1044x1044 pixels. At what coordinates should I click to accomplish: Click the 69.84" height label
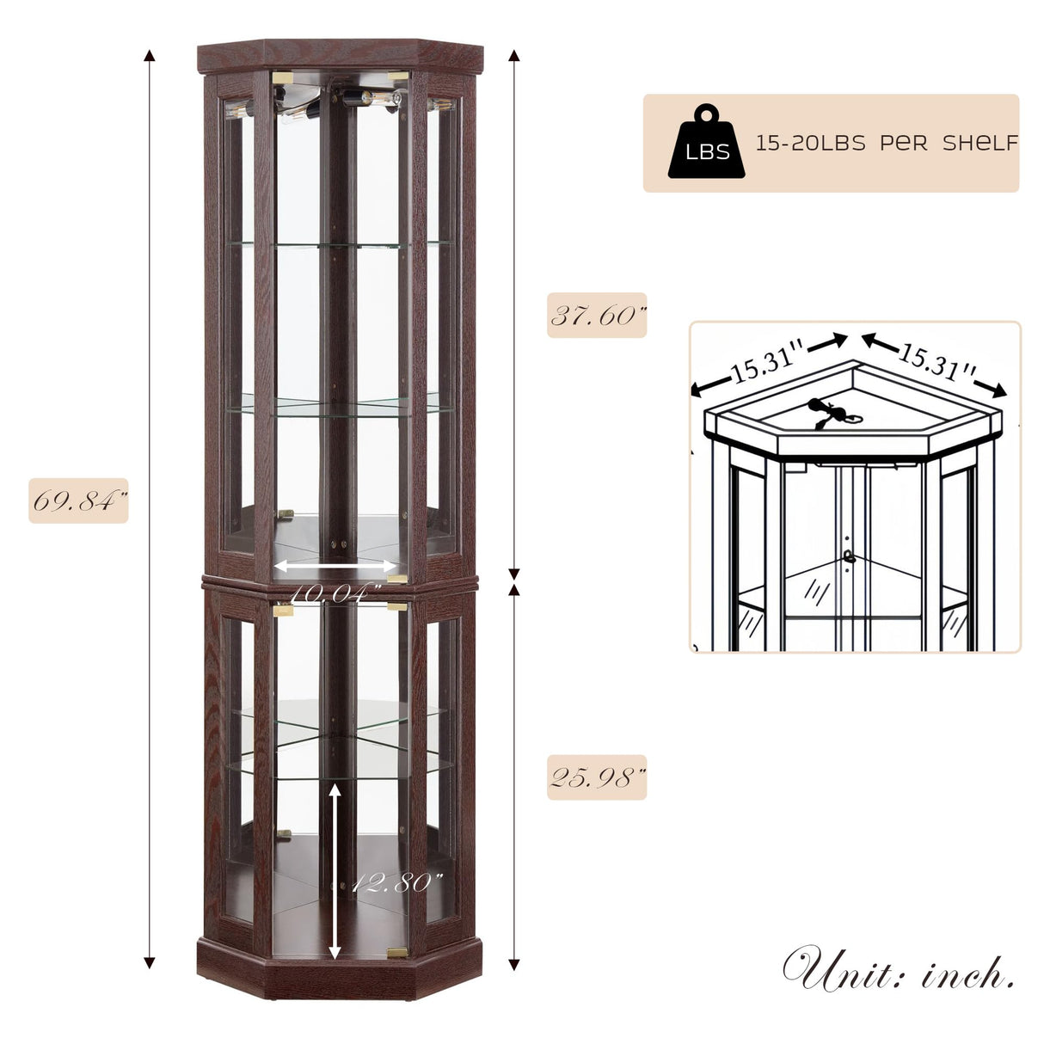[x=78, y=501]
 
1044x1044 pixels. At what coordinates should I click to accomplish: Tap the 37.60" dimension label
[x=597, y=316]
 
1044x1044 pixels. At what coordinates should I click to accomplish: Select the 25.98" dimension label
[x=597, y=778]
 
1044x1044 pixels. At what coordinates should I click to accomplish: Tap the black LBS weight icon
[x=706, y=143]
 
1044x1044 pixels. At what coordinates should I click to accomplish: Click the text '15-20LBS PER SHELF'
[x=887, y=144]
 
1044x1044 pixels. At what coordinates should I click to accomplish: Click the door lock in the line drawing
[x=849, y=556]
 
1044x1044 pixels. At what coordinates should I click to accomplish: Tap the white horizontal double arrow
[x=335, y=567]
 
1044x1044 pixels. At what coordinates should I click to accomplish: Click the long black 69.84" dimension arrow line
[x=150, y=507]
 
